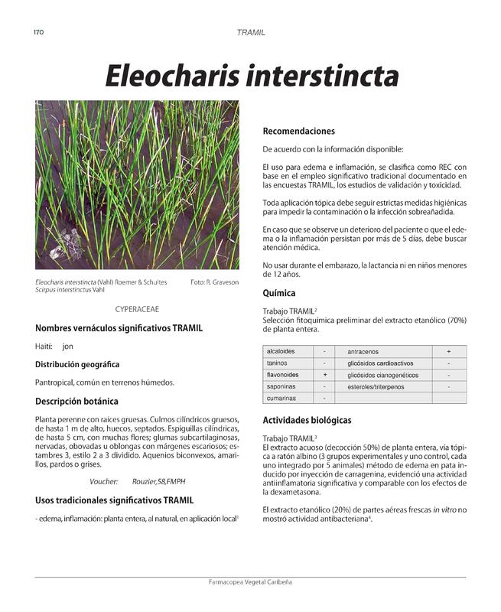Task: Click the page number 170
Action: (x=40, y=32)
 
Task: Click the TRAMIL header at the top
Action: (x=251, y=33)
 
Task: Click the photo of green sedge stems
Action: (x=137, y=184)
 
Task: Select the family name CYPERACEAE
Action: (x=137, y=309)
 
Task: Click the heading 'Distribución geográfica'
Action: (x=76, y=364)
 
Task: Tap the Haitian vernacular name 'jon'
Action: (x=68, y=347)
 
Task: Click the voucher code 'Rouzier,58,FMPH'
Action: (x=160, y=481)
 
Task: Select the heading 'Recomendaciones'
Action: (x=299, y=131)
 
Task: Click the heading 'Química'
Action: (x=279, y=293)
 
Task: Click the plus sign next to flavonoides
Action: (x=325, y=375)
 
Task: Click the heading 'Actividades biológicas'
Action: (x=307, y=420)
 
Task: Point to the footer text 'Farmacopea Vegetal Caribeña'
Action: (x=250, y=582)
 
